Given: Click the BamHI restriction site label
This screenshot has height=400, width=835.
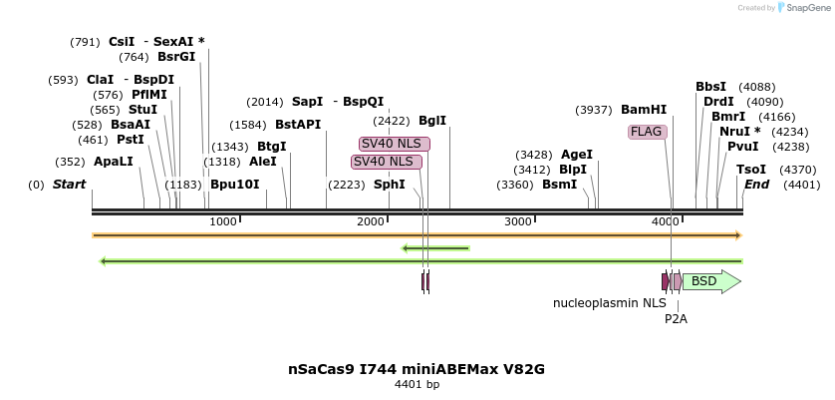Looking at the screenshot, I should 644,110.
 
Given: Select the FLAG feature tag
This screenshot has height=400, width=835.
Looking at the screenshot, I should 647,132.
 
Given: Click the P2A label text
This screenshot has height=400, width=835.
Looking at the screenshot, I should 677,319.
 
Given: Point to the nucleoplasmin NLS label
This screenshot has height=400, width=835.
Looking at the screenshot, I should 610,302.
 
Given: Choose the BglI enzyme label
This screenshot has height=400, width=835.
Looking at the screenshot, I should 432,121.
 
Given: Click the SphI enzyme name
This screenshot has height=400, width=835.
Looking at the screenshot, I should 390,185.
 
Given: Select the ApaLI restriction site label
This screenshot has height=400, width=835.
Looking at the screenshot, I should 114,161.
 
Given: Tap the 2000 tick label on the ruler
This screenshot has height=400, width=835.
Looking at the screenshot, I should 371,220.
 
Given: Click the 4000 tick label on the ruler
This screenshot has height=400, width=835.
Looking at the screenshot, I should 666,220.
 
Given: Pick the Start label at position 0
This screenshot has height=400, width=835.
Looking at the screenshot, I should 69,185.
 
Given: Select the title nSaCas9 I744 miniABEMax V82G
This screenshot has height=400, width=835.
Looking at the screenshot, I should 417,369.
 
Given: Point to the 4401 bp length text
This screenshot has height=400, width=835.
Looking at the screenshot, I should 417,385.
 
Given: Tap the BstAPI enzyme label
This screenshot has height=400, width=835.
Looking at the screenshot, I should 298,125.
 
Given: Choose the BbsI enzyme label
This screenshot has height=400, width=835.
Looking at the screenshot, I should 711,87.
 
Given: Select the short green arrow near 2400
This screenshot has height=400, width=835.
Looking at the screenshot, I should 435,248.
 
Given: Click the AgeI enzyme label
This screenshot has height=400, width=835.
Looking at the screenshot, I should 577,155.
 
